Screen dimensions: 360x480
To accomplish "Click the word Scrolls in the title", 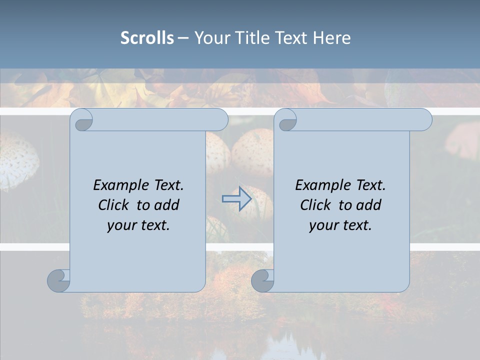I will coord(147,38).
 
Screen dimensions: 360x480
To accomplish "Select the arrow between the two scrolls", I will coord(236,198).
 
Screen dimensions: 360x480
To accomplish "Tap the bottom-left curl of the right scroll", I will coord(262,280).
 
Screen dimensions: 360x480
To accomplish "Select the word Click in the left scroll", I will coord(114,205).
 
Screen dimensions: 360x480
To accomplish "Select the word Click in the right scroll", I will coord(315,205).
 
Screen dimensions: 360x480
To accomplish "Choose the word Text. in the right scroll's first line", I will coord(370,185).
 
